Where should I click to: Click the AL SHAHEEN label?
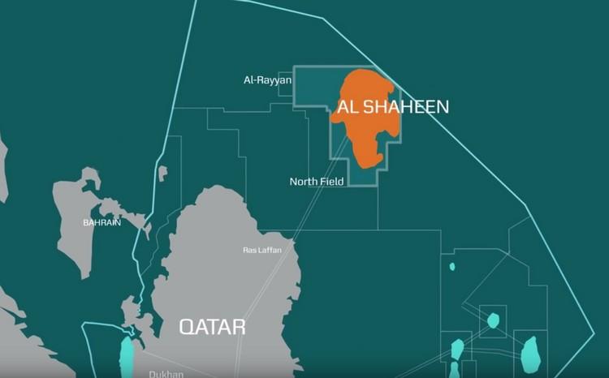click(393, 106)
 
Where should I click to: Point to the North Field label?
click(317, 182)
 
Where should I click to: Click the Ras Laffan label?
click(262, 250)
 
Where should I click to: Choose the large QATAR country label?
click(212, 327)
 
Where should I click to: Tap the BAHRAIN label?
click(101, 222)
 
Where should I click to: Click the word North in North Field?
click(304, 182)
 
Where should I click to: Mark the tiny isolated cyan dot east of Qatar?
click(452, 266)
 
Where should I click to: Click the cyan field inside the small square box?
click(493, 320)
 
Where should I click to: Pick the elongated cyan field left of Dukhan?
click(126, 357)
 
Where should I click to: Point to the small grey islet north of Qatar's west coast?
click(162, 173)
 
